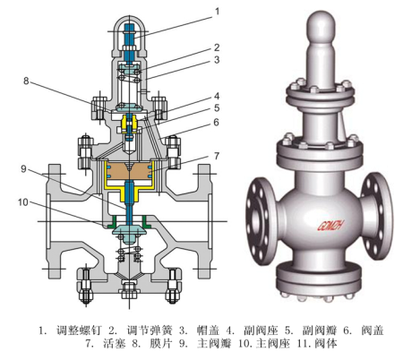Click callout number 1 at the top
[x=217, y=12]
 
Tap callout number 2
[x=217, y=47]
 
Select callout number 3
[x=217, y=60]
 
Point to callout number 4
[x=217, y=96]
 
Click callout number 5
[x=217, y=108]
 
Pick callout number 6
[x=216, y=122]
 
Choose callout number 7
[x=217, y=156]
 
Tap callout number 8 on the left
[x=26, y=81]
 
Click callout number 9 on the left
[x=23, y=169]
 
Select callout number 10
[x=23, y=202]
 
